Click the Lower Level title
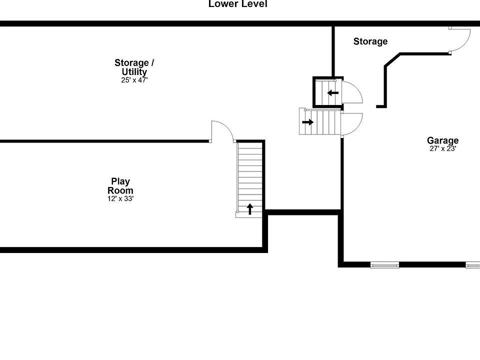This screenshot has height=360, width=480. coord(237,4)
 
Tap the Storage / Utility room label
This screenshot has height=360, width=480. coord(134,67)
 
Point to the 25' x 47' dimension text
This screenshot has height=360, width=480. coord(134,80)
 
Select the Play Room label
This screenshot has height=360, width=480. coord(120,185)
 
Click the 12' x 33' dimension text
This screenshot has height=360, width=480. coord(120,198)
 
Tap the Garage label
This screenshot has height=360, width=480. coord(442,140)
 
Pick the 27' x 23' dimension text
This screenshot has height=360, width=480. coord(443,148)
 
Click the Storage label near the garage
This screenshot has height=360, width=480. coord(370,41)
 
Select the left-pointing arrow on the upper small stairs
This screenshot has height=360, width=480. coord(333,92)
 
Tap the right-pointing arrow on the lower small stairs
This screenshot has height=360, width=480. coord(307,121)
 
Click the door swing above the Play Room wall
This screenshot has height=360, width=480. coord(221,131)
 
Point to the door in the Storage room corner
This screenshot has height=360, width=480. coord(460,40)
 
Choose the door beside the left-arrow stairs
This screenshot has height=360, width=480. coord(352,91)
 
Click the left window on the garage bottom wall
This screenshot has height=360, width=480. coord(384,264)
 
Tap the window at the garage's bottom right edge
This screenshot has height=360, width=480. coord(472,264)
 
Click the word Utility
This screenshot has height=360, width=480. coord(134,72)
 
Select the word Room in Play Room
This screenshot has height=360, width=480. coord(120,190)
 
